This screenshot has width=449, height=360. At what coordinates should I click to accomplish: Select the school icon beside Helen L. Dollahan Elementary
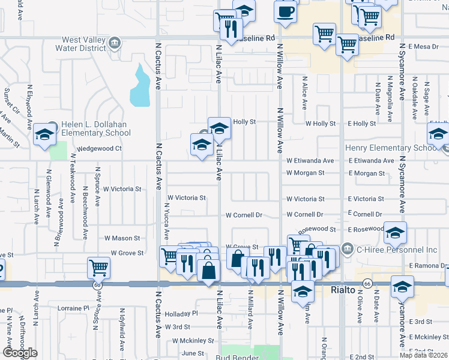pyautogui.click(x=44, y=136)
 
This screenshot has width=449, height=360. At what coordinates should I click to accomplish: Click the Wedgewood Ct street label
pyautogui.click(x=99, y=148)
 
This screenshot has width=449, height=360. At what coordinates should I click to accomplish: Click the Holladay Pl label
pyautogui.click(x=181, y=314)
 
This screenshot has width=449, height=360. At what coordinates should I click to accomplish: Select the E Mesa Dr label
pyautogui.click(x=424, y=46)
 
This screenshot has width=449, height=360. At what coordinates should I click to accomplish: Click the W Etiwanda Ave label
pyautogui.click(x=310, y=161)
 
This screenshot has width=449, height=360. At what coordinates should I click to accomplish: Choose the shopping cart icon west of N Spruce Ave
pyautogui.click(x=98, y=268)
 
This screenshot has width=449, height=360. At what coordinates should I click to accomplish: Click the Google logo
pyautogui.click(x=20, y=353)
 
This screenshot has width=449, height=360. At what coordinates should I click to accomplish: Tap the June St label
pyautogui.click(x=193, y=353)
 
